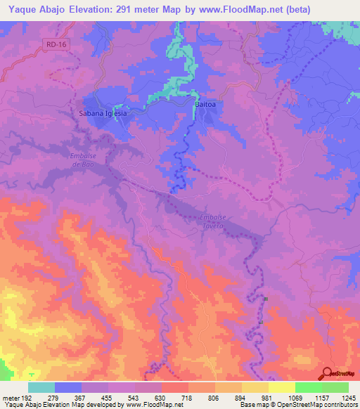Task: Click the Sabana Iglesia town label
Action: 103,112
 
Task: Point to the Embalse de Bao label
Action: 82,160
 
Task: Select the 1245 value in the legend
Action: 348,397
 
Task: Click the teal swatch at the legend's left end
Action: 41,387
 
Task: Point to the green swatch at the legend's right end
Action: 335,387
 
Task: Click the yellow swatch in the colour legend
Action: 281,387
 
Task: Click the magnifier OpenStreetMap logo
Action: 325,375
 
